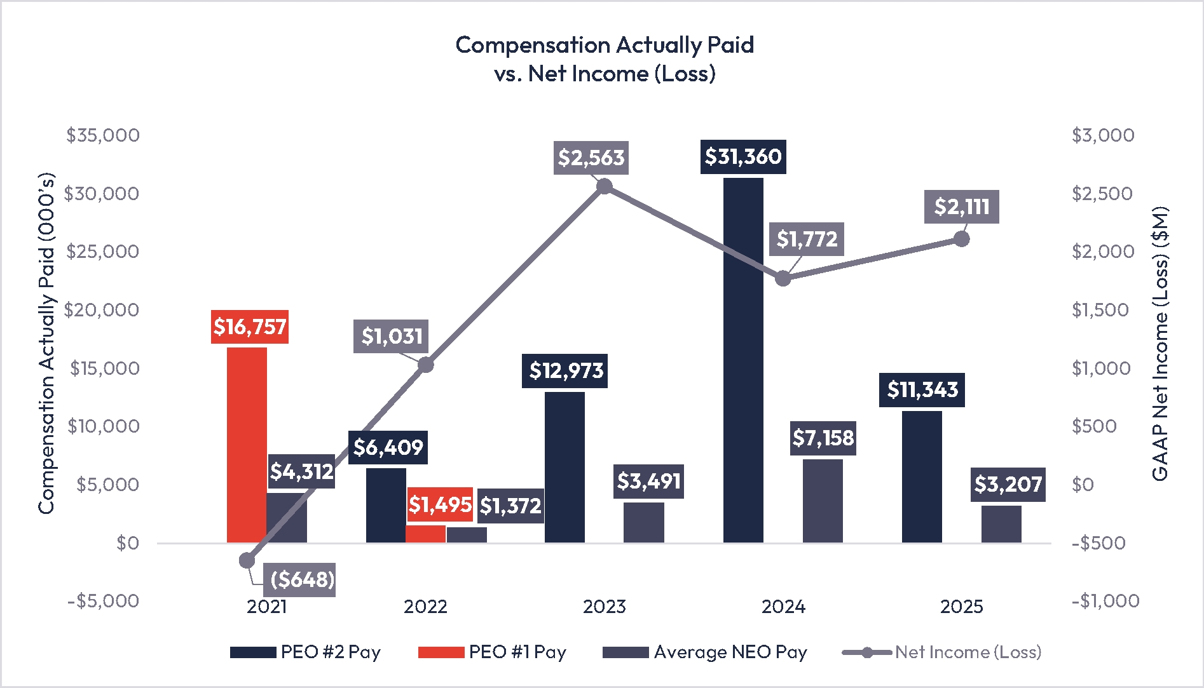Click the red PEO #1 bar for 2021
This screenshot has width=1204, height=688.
point(247,445)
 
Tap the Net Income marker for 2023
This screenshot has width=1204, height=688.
point(605,186)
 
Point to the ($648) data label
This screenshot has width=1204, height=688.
point(302,579)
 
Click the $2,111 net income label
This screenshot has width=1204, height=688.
point(961,206)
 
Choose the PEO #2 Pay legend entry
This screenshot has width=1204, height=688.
point(305,652)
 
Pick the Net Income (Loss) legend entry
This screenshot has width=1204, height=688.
point(942,652)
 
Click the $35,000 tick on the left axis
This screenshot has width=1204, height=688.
point(103,135)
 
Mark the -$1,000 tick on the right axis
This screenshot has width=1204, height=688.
point(1105,601)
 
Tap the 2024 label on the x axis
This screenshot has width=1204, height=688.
point(783,607)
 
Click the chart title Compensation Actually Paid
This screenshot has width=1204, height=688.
point(605,45)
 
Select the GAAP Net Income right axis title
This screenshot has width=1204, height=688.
point(1160,344)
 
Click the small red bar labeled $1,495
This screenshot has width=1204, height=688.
point(425,534)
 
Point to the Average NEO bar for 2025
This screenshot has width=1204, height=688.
point(1001,524)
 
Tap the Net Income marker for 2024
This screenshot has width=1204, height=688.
point(783,278)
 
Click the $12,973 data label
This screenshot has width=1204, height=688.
point(566,370)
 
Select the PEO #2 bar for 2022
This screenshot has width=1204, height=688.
point(386,506)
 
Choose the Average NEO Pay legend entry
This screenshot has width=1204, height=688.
point(705,652)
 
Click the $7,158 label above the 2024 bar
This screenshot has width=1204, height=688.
point(823,438)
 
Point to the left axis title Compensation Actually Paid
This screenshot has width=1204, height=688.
point(46,344)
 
